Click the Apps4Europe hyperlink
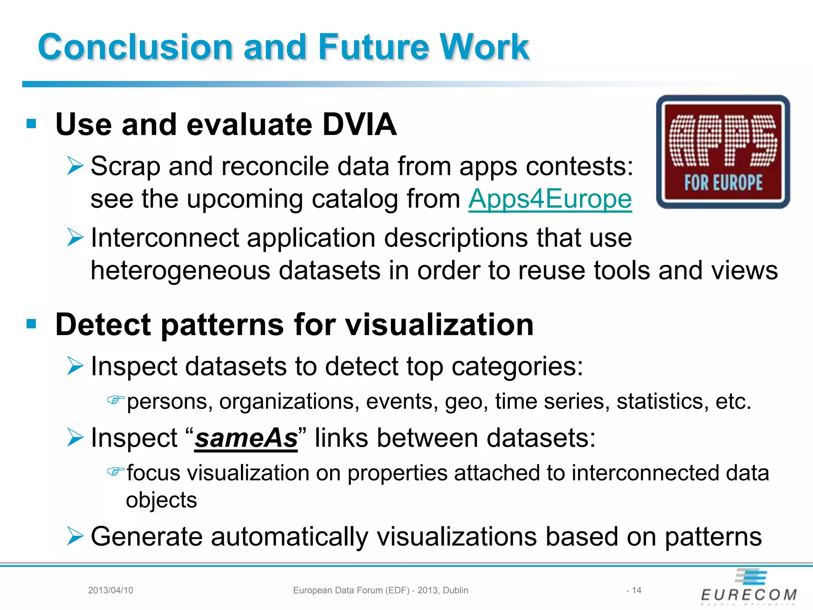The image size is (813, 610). tap(550, 199)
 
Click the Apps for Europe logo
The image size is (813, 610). tap(723, 152)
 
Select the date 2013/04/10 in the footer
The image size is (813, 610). tap(110, 590)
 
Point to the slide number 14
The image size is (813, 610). tap(636, 590)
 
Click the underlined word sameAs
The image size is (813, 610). tap(246, 438)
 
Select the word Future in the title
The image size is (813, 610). tap(374, 47)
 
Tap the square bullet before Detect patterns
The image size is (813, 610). tap(31, 324)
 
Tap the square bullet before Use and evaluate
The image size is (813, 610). tap(31, 124)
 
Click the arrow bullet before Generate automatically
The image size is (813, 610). tap(75, 536)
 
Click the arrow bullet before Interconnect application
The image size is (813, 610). tap(75, 237)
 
